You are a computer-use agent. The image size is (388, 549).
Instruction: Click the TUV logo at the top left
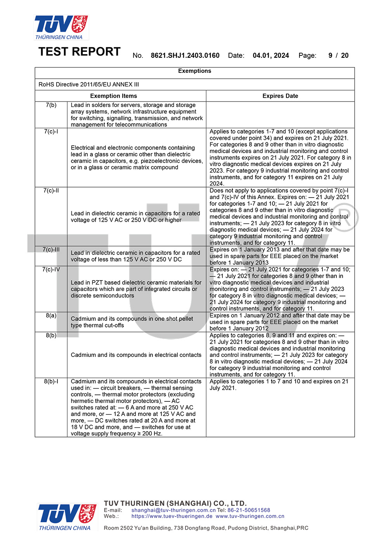click(61, 27)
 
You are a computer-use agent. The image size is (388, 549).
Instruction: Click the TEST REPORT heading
click(80, 52)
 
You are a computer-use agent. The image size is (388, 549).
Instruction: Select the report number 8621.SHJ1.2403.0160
click(185, 55)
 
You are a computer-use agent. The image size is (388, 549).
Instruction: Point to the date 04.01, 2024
click(271, 55)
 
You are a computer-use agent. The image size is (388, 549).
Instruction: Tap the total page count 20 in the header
click(345, 55)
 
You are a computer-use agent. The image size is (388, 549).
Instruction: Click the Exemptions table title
click(194, 71)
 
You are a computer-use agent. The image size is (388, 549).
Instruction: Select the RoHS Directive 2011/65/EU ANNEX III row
click(89, 84)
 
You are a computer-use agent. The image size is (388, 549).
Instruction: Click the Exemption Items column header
click(113, 96)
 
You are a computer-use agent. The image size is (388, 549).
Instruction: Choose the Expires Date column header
click(280, 96)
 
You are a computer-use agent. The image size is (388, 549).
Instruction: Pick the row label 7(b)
click(51, 105)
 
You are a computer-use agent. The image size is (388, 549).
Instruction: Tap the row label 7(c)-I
click(51, 131)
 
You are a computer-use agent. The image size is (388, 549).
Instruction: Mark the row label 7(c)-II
click(51, 191)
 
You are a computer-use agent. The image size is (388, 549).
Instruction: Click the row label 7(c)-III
click(51, 250)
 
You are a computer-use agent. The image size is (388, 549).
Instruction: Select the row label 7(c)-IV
click(51, 269)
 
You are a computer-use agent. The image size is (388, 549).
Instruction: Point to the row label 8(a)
click(51, 315)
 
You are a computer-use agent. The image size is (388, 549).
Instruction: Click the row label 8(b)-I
click(51, 381)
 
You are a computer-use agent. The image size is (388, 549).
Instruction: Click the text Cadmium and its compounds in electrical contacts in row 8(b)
click(136, 355)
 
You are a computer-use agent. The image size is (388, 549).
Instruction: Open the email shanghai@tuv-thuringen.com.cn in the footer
click(173, 510)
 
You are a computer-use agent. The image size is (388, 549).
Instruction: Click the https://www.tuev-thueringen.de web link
click(172, 516)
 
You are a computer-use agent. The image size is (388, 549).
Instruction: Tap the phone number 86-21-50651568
click(249, 510)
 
